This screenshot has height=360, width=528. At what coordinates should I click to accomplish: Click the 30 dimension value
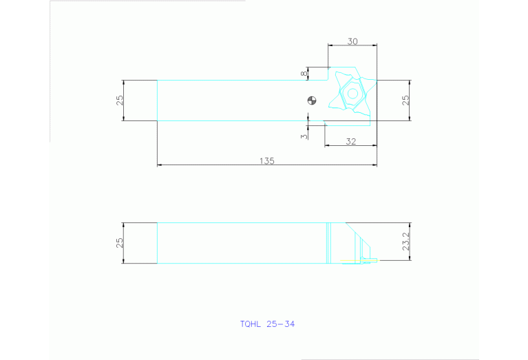tap(352, 41)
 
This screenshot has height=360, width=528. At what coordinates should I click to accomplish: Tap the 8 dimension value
tap(304, 74)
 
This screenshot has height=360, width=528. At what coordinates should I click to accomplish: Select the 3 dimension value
tap(304, 136)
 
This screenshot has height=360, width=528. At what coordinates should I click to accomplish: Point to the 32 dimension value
tap(351, 141)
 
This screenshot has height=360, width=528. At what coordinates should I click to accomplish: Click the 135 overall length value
tap(266, 161)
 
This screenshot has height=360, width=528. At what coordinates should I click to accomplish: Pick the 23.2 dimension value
tap(405, 242)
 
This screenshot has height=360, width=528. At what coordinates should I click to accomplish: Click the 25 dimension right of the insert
tap(405, 100)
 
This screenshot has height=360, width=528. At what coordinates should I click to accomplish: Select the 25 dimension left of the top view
tap(120, 100)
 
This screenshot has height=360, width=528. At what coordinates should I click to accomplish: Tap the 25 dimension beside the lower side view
tap(120, 243)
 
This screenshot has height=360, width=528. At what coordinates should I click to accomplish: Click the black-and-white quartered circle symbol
tap(312, 100)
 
